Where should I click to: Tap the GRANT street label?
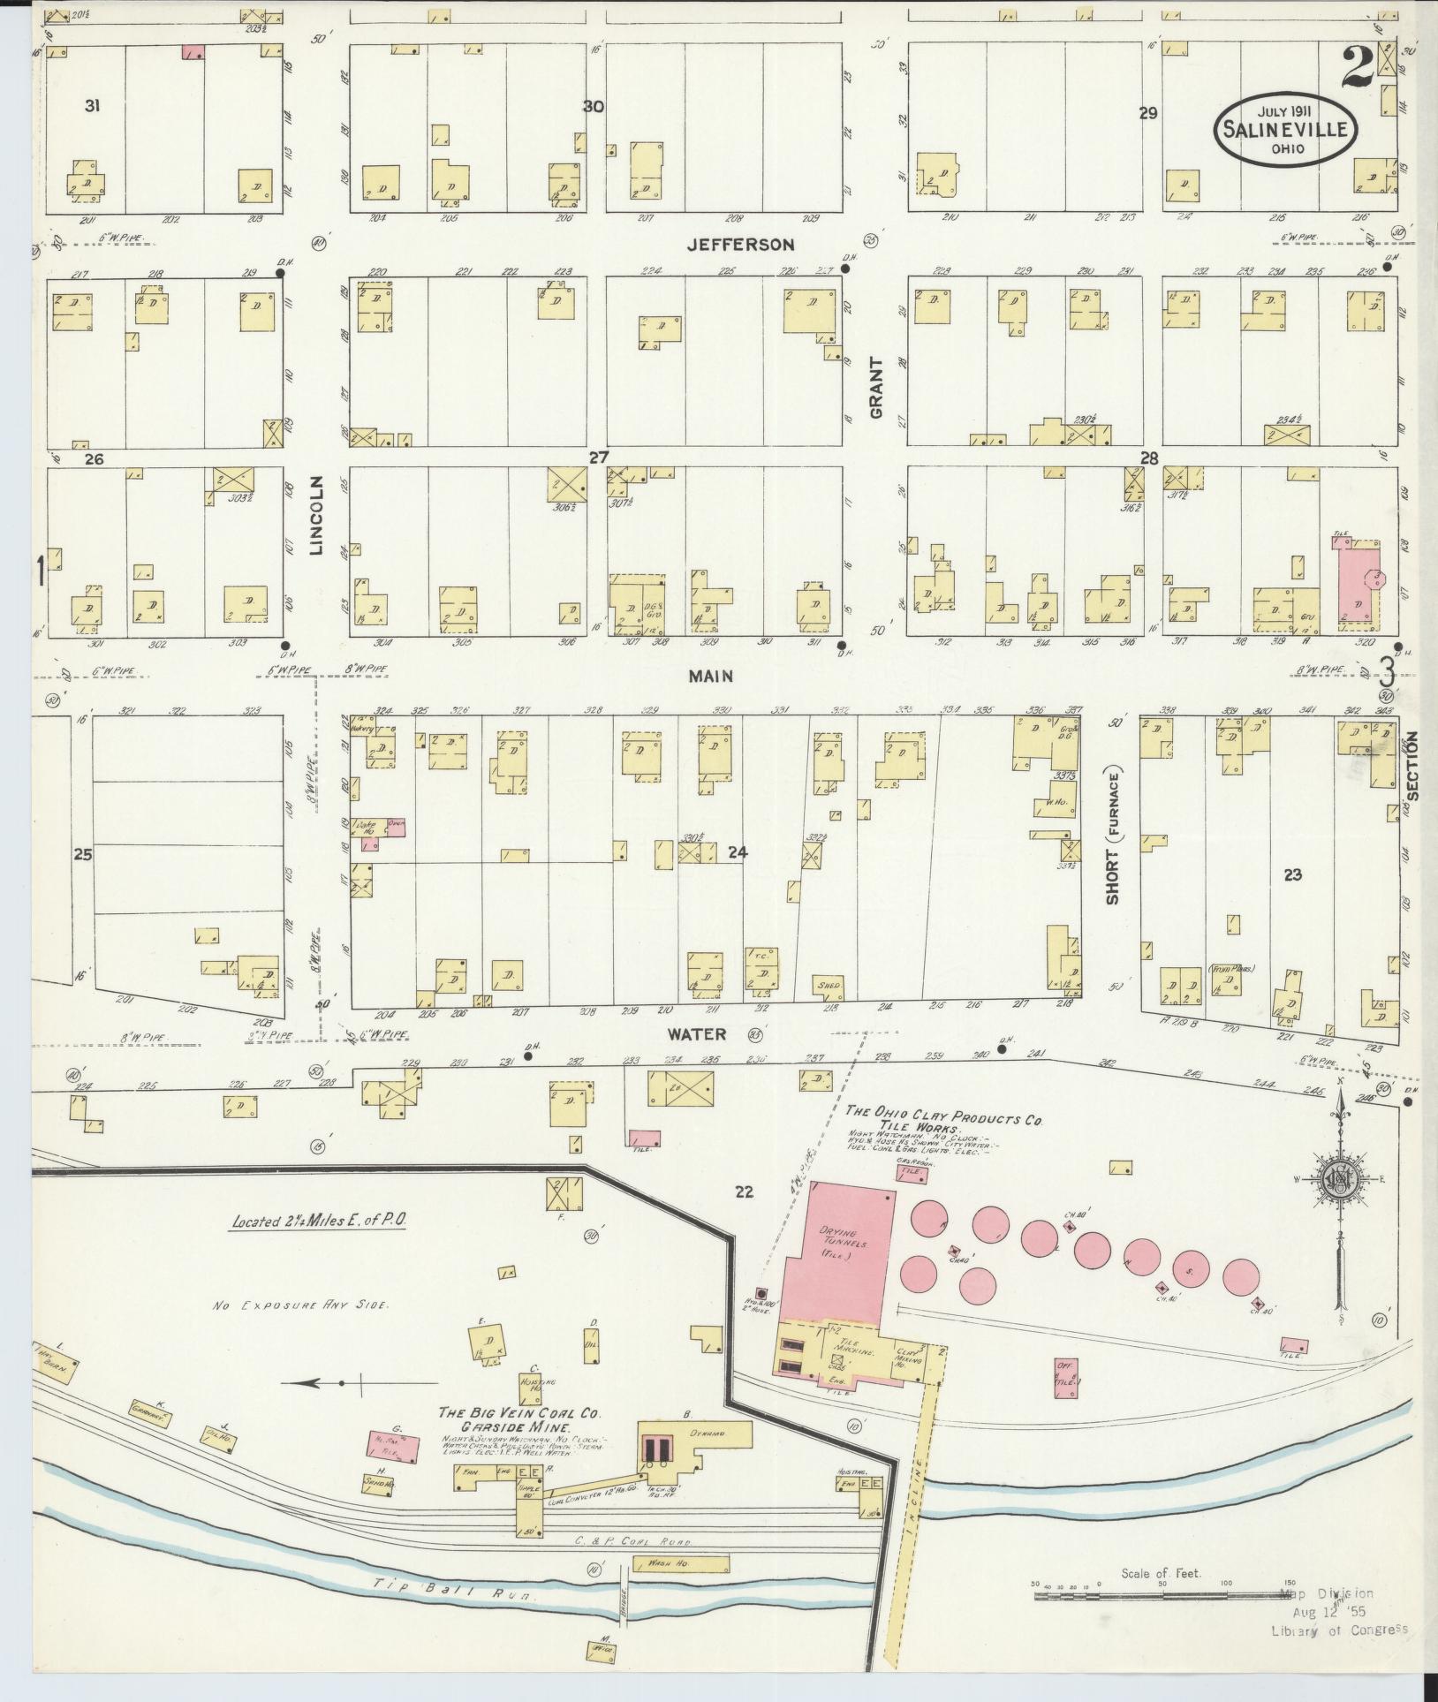click(875, 387)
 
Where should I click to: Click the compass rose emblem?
click(1341, 1179)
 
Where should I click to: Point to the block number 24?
click(738, 852)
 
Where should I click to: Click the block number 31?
click(92, 106)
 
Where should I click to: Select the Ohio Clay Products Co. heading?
click(943, 1116)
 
